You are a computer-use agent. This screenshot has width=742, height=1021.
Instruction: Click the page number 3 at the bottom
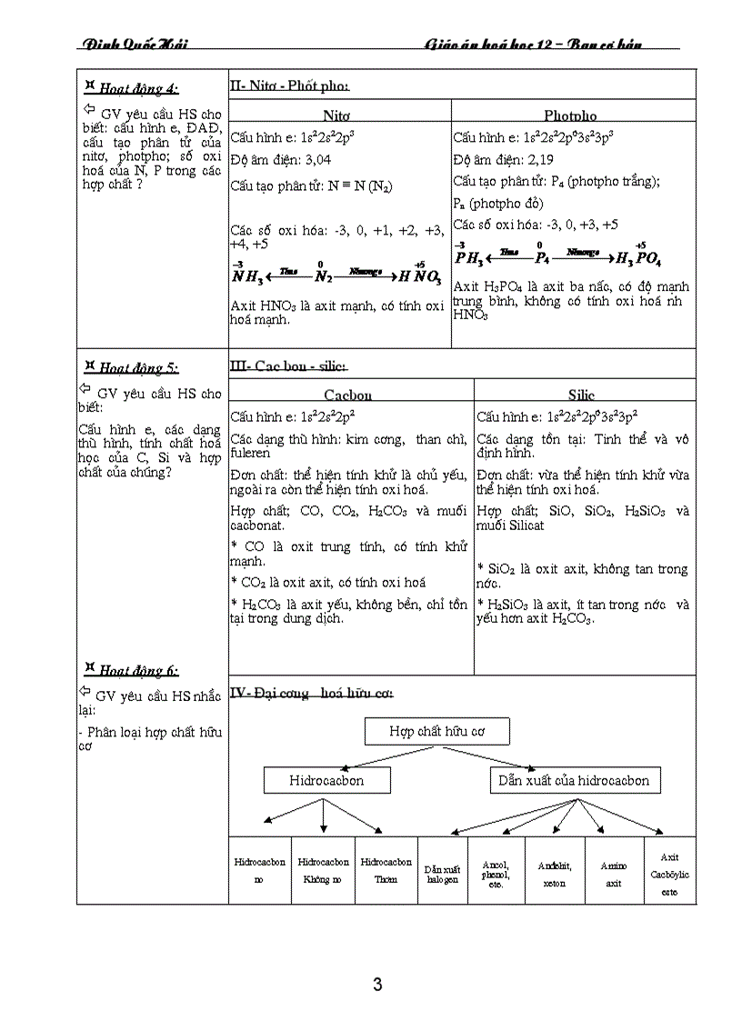pos(377,984)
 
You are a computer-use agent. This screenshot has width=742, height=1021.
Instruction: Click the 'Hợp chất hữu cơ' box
pos(436,731)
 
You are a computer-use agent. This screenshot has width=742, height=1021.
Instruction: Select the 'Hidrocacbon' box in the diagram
pos(326,780)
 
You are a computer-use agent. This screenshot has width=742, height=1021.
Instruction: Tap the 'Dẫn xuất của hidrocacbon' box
pos(574,780)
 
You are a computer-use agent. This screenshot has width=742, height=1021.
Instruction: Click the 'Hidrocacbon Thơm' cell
pos(386,870)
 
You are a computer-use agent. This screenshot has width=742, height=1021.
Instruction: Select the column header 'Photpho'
pos(570,115)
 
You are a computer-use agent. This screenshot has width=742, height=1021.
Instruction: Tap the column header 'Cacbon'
pos(348,395)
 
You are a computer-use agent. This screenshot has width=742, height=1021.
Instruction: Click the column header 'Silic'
pos(582,395)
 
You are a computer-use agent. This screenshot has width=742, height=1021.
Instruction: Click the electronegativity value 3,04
pos(315,160)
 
